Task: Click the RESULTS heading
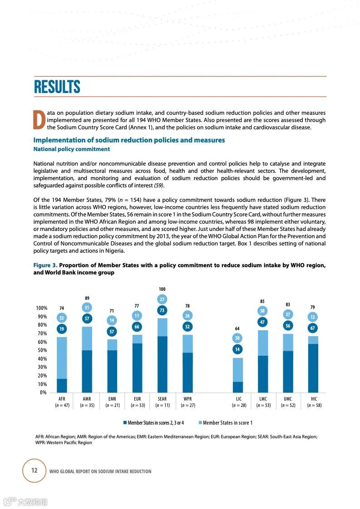57,87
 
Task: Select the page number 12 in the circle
34,470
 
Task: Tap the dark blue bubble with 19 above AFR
62,329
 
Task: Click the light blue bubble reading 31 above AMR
87,308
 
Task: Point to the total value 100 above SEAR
162,289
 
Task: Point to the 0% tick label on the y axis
43,392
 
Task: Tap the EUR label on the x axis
137,399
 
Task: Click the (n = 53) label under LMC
263,405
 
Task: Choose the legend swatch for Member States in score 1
200,423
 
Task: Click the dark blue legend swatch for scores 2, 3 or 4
124,423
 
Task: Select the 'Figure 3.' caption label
45,265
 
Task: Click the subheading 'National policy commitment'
72,149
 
